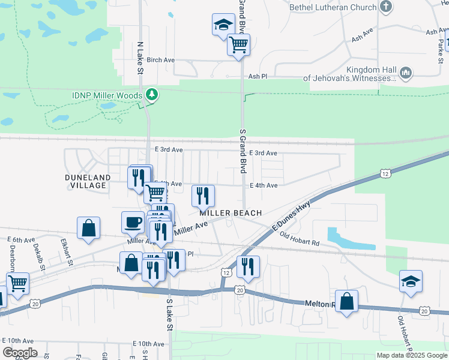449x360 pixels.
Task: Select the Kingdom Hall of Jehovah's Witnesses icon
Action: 406,73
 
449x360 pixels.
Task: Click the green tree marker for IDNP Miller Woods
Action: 152,95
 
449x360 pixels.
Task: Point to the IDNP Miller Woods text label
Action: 107,95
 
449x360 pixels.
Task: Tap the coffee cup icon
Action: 133,222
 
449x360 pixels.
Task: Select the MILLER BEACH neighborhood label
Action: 231,213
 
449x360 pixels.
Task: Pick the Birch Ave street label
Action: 160,60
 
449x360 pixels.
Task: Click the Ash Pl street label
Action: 258,77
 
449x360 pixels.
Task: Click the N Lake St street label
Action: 140,58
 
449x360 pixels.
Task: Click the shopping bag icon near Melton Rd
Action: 347,301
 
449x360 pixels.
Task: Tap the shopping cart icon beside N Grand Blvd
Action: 239,44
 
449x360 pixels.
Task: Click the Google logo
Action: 20,353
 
